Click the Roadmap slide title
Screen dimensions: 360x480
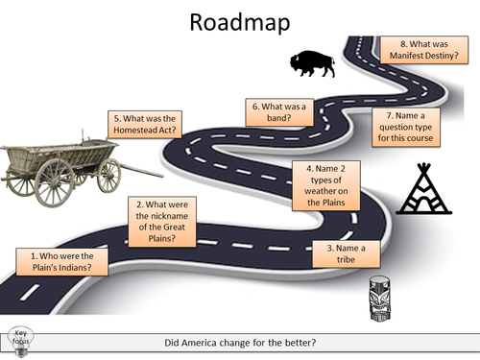click(x=240, y=24)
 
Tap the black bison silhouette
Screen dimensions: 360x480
click(x=313, y=65)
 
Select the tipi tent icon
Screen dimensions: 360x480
click(x=420, y=190)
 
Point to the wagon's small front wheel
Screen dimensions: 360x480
click(x=108, y=176)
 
